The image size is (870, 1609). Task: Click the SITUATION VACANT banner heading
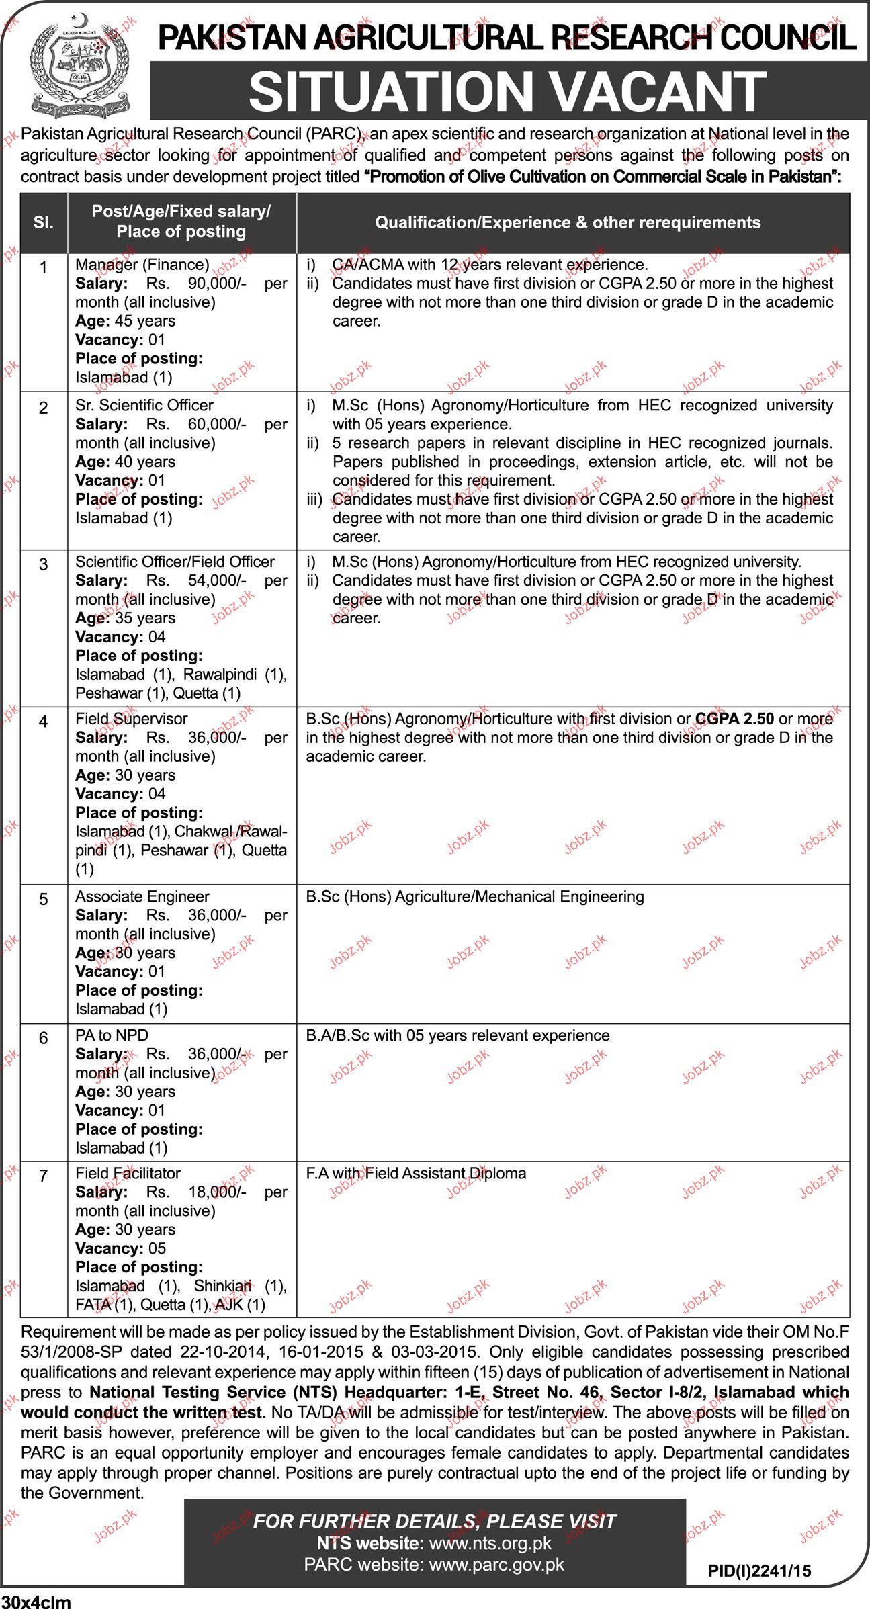[507, 91]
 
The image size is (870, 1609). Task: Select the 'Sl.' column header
[44, 222]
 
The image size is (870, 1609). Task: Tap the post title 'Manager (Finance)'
[142, 265]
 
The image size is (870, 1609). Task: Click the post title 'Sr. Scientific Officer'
[144, 406]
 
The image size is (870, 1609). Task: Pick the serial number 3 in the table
[44, 565]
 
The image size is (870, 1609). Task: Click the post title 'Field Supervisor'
[132, 719]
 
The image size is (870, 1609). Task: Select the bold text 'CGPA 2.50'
[735, 719]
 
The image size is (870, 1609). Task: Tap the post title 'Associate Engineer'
[142, 897]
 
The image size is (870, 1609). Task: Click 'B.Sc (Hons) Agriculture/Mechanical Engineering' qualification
[475, 897]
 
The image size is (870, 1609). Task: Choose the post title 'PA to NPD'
[112, 1036]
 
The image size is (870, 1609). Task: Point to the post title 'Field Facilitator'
[128, 1174]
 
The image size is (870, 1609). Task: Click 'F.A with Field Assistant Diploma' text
[416, 1174]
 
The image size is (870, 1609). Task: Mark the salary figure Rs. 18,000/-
[196, 1192]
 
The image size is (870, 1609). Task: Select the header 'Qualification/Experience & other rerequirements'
[568, 223]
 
